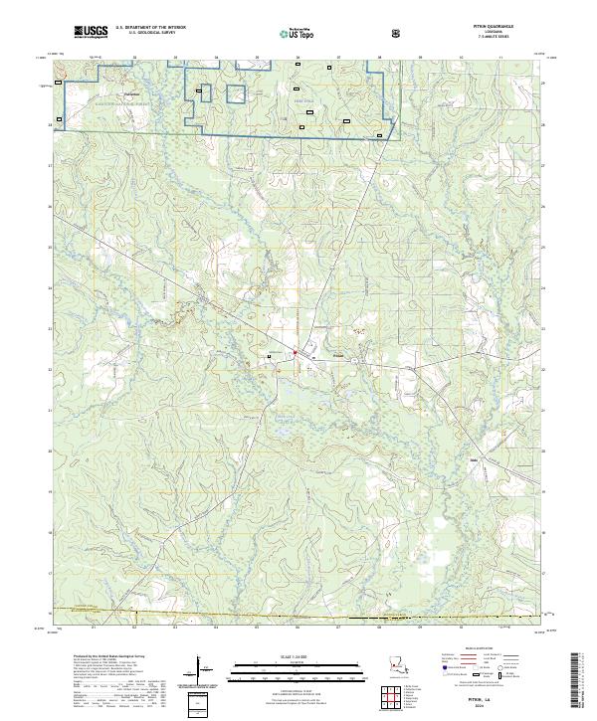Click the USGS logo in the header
pos(92,31)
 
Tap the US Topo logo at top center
pos(298,31)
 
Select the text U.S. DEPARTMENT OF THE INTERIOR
pos(149,28)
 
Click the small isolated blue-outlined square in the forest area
pos(236,94)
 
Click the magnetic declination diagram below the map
pos(199,672)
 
